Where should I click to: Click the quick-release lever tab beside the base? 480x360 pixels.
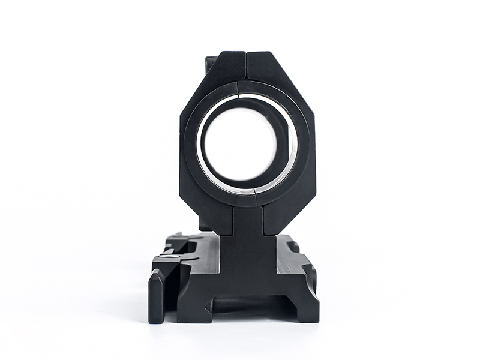(155, 296)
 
